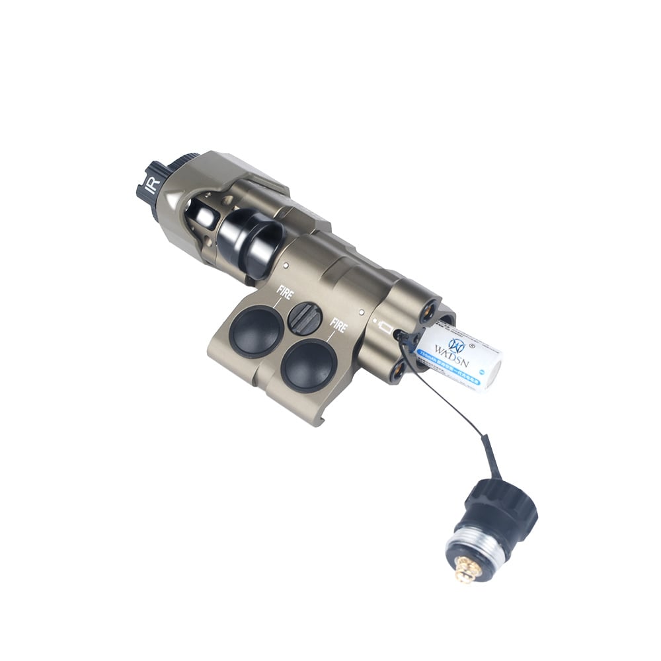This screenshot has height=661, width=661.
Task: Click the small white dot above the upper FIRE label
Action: click(x=284, y=266)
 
